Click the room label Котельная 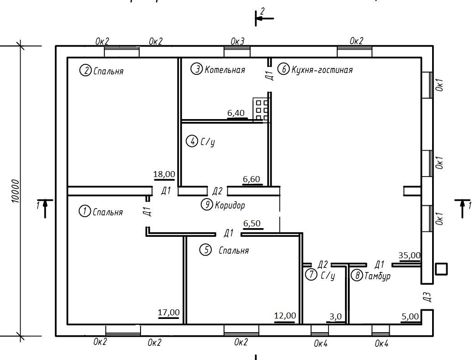coord(224,70)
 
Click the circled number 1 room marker coord(85,212)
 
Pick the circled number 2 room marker coord(85,71)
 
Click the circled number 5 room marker coord(206,250)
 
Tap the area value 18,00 coord(164,174)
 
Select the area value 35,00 coord(409,256)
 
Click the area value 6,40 coord(236,113)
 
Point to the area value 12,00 coord(285,316)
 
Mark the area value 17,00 coord(168,313)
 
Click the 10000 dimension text coord(16,191)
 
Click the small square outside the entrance coord(441,269)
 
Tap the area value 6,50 coord(252,224)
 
